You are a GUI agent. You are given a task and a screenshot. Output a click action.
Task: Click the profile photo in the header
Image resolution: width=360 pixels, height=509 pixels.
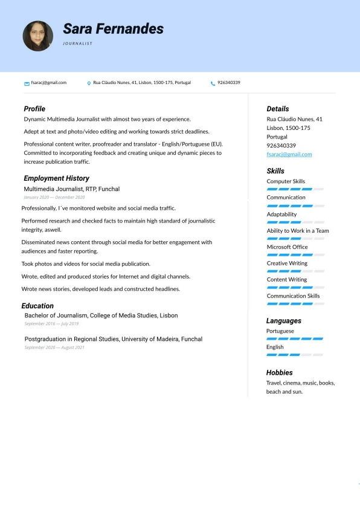click(38, 36)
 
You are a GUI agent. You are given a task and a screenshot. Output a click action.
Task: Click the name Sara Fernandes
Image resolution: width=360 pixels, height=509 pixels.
click(113, 28)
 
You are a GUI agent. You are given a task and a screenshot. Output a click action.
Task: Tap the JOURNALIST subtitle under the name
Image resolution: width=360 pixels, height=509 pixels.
click(78, 44)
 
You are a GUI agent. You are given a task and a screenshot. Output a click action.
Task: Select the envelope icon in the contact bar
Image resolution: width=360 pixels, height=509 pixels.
click(27, 83)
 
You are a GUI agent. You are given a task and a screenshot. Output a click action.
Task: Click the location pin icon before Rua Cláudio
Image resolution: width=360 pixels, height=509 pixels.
click(89, 83)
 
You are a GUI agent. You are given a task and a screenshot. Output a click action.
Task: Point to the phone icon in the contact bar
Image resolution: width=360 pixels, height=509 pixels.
click(213, 83)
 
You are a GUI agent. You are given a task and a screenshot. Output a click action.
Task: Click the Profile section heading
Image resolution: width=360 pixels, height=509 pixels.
click(34, 109)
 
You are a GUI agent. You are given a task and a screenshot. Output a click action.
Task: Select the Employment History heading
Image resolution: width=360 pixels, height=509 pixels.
click(56, 178)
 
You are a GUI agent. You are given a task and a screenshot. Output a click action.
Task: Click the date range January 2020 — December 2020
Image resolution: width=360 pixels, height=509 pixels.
click(54, 197)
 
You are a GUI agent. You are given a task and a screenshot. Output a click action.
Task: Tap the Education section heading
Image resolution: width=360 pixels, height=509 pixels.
click(37, 306)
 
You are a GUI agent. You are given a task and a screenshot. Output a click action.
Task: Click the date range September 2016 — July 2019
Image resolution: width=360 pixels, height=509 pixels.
click(51, 324)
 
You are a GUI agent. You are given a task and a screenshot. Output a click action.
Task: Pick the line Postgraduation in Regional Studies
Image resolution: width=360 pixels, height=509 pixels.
click(113, 339)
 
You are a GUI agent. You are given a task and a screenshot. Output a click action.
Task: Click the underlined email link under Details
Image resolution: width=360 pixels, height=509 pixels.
click(289, 154)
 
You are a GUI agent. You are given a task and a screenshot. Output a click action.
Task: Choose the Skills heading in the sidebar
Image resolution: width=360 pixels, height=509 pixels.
click(275, 171)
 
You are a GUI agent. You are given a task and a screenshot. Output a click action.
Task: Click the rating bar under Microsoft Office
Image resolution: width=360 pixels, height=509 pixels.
click(295, 254)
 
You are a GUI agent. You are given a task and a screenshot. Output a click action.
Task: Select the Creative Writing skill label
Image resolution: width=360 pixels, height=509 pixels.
click(287, 264)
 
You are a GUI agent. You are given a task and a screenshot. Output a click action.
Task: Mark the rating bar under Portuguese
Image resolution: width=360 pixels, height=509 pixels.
click(295, 339)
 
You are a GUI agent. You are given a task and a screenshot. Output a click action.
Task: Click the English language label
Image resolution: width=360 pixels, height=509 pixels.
click(275, 348)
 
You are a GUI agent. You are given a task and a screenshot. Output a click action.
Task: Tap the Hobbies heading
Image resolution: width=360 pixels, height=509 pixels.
click(279, 372)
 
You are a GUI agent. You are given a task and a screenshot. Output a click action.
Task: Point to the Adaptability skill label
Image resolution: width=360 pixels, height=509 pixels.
click(281, 214)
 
